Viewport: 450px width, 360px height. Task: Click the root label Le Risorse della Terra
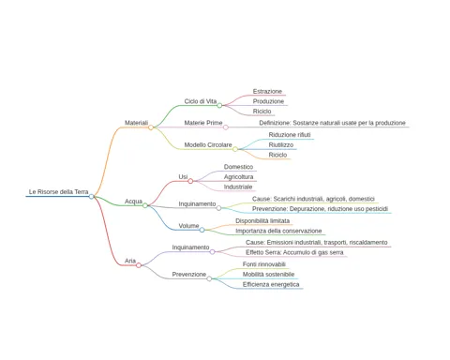coord(58,191)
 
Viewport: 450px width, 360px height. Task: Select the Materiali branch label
coord(136,123)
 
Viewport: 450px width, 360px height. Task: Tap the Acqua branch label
coord(133,202)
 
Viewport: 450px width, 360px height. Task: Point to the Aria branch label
coord(130,261)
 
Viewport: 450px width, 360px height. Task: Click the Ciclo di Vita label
coord(201,101)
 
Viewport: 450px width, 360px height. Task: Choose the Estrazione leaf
coord(267,91)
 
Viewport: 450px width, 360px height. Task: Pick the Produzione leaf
coord(268,101)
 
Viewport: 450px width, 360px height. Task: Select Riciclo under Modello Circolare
coord(277,155)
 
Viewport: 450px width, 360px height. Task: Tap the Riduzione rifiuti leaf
coord(290,135)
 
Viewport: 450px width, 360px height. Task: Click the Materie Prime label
coord(203,123)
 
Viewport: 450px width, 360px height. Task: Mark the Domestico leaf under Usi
coord(238,167)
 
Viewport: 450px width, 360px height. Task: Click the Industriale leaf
coord(238,187)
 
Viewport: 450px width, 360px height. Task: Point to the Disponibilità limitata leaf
coord(262,221)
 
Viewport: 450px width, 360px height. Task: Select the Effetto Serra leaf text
coord(294,252)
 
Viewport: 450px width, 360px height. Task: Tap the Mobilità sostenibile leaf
coord(268,275)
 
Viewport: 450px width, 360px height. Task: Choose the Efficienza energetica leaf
coord(271,284)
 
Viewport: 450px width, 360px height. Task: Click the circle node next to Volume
coord(202,230)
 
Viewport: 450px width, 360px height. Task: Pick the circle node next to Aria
coord(139,265)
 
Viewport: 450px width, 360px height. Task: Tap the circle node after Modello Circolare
coord(235,149)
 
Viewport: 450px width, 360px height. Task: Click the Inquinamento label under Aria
coord(190,247)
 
